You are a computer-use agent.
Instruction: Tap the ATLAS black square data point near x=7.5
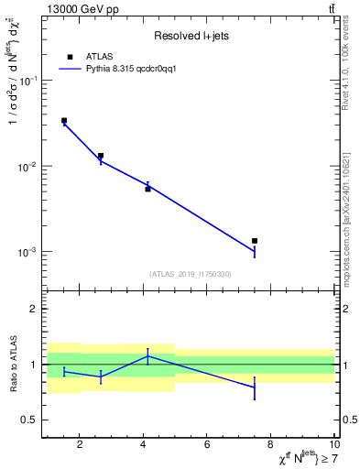[x=255, y=241]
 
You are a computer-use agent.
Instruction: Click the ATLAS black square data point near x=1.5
[x=64, y=120]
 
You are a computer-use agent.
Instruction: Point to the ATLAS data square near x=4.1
[x=147, y=189]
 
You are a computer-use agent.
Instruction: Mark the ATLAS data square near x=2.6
[x=101, y=156]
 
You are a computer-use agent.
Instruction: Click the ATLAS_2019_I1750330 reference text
[x=190, y=274]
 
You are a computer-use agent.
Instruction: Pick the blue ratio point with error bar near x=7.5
[x=255, y=387]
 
